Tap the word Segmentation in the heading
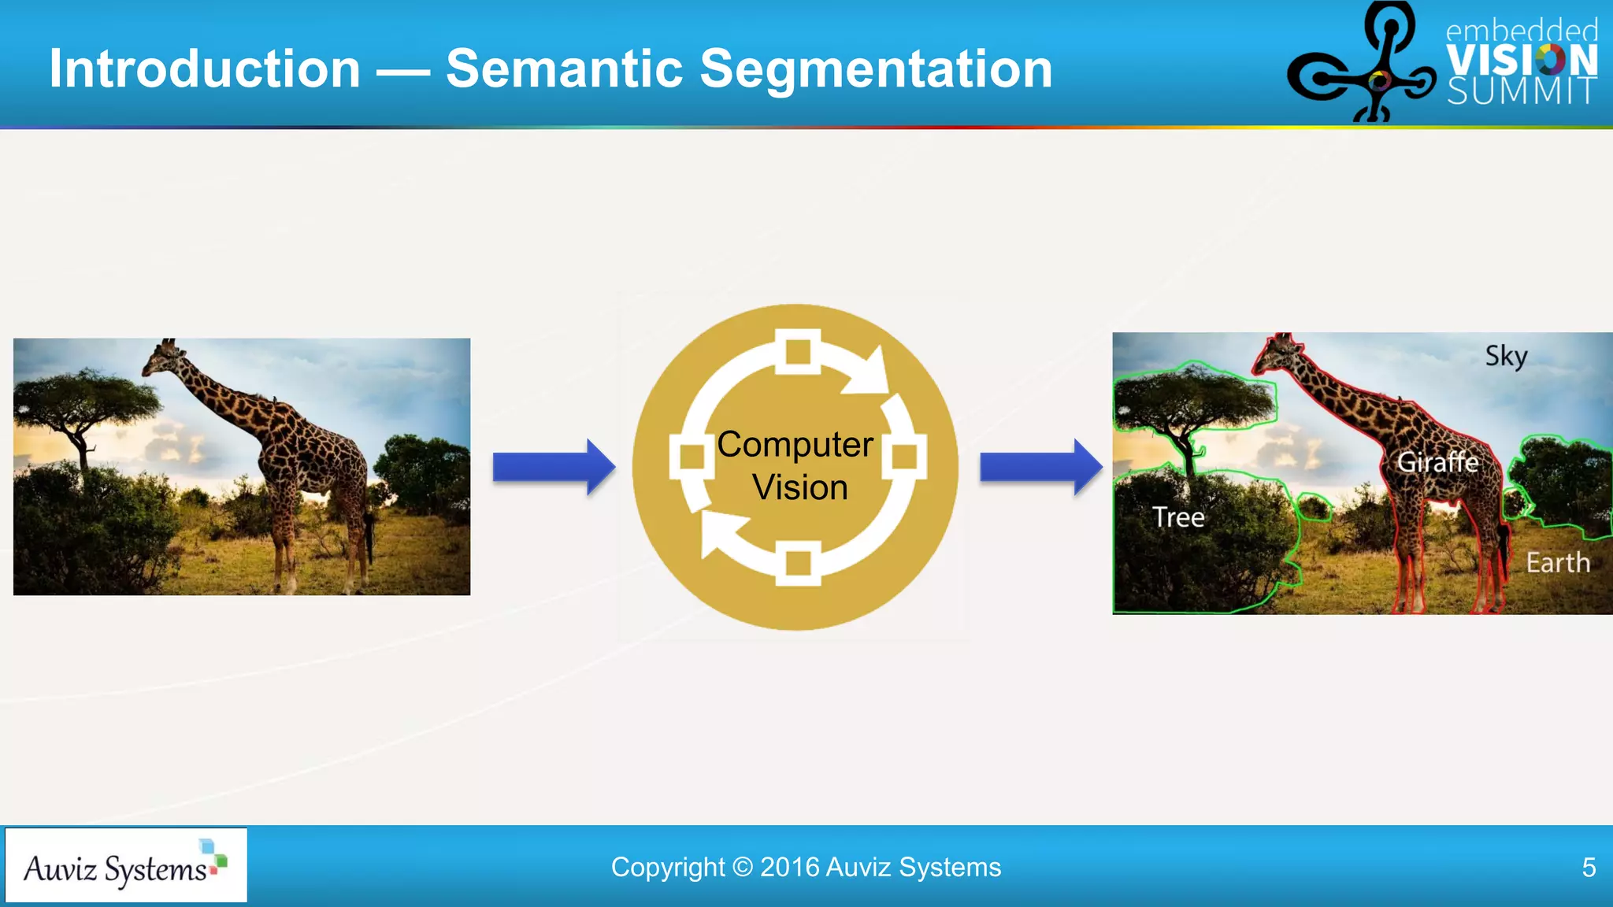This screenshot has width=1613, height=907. click(875, 69)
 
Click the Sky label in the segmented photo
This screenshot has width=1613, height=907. click(1506, 356)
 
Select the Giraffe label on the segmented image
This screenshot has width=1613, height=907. click(1437, 462)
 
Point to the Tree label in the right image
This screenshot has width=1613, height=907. click(1178, 517)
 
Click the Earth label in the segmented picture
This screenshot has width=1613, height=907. click(1557, 563)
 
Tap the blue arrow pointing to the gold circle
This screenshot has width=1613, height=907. click(553, 467)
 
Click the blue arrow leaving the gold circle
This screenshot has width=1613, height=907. click(1040, 467)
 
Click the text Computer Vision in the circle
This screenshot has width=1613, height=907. click(796, 465)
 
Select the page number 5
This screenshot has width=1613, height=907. click(1589, 868)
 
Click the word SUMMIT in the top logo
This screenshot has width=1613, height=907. click(1521, 91)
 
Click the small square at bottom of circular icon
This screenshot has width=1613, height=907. click(798, 564)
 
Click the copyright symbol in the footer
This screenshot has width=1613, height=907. click(742, 867)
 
